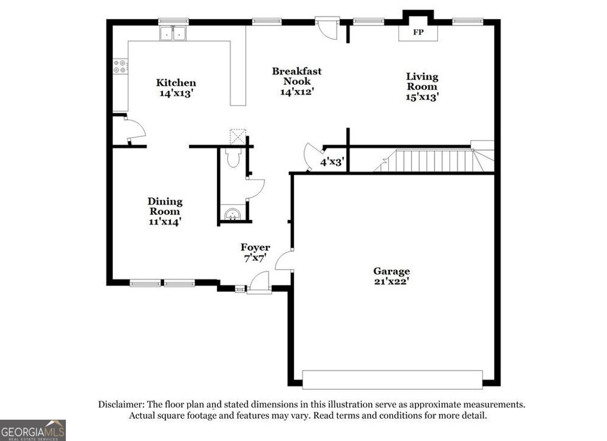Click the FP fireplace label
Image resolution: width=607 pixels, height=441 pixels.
click(418, 32)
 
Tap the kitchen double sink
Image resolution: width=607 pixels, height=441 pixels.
click(173, 34)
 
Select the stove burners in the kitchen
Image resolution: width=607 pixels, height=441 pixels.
click(120, 66)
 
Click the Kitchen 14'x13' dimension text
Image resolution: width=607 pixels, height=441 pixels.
click(176, 93)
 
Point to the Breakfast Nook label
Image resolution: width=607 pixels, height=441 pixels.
click(297, 76)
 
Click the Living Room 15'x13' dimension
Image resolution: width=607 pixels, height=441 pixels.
click(422, 97)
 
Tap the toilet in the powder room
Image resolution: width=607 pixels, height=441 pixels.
click(233, 158)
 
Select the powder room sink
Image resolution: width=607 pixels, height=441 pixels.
click(233, 213)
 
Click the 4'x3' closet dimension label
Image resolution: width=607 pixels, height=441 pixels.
click(333, 161)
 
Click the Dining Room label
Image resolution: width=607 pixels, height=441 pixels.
click(165, 206)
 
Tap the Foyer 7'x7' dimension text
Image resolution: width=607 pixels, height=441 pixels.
click(255, 258)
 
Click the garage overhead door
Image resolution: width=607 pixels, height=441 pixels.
click(392, 379)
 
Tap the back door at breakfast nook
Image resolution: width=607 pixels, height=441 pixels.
click(327, 27)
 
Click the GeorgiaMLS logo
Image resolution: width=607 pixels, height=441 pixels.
click(33, 430)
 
